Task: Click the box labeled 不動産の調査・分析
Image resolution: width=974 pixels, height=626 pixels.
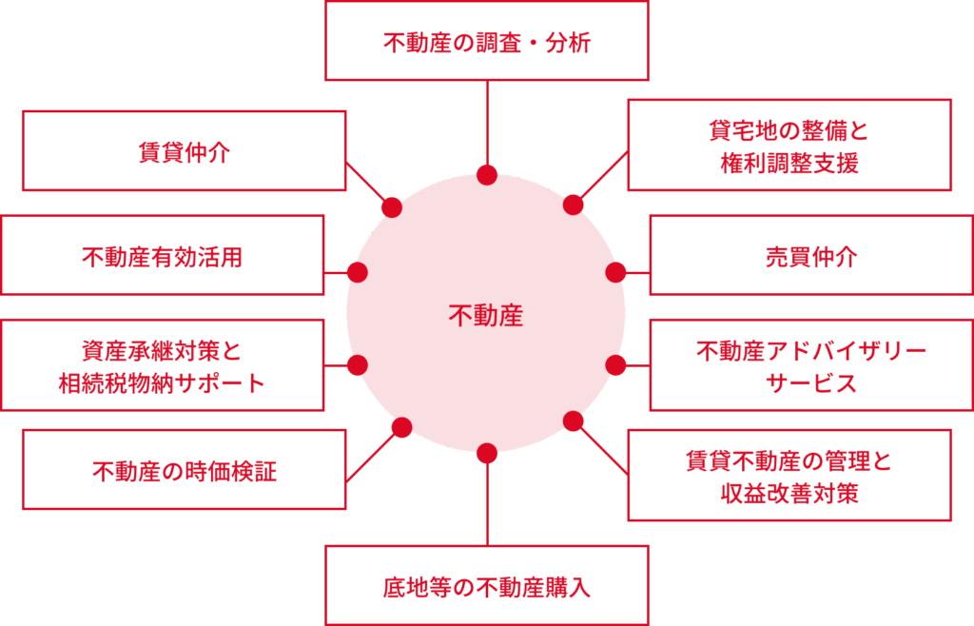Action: coord(486,42)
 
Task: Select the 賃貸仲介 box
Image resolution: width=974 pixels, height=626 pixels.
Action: coord(184,151)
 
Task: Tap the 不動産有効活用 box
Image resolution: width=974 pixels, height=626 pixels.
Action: coord(162,255)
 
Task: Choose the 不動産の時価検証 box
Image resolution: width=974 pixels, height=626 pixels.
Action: coord(184,470)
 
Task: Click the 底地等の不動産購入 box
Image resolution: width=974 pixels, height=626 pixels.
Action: coord(486,585)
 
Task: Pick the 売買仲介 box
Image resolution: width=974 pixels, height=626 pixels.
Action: coord(810,255)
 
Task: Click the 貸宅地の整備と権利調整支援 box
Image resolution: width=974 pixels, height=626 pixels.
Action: coord(789,146)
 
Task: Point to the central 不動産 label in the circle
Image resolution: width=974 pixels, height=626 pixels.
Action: coord(486,315)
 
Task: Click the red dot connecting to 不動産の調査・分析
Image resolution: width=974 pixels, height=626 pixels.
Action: coord(487,175)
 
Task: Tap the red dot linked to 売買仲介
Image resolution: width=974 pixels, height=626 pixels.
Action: coord(615,272)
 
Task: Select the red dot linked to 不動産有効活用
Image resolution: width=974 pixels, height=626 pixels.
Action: coord(358,272)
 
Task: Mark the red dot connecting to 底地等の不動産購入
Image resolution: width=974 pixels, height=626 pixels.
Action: coord(487,453)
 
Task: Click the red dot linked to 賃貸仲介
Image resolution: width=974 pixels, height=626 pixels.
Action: coord(391,207)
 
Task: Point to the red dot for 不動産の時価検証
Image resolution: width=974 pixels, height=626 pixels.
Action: coord(401,427)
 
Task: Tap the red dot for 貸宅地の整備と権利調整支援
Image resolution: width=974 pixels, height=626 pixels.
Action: coord(574,205)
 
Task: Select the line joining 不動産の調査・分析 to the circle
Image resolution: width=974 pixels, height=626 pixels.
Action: coord(487,124)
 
